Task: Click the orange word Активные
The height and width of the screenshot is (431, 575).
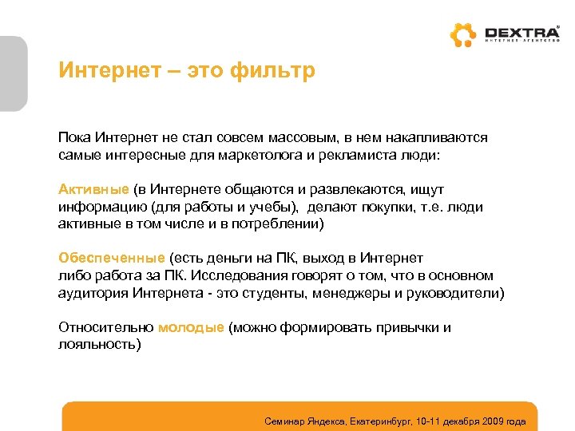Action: click(x=93, y=190)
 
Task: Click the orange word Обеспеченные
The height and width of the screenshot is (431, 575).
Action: click(x=111, y=258)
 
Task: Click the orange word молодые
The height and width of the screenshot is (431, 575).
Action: click(x=191, y=327)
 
